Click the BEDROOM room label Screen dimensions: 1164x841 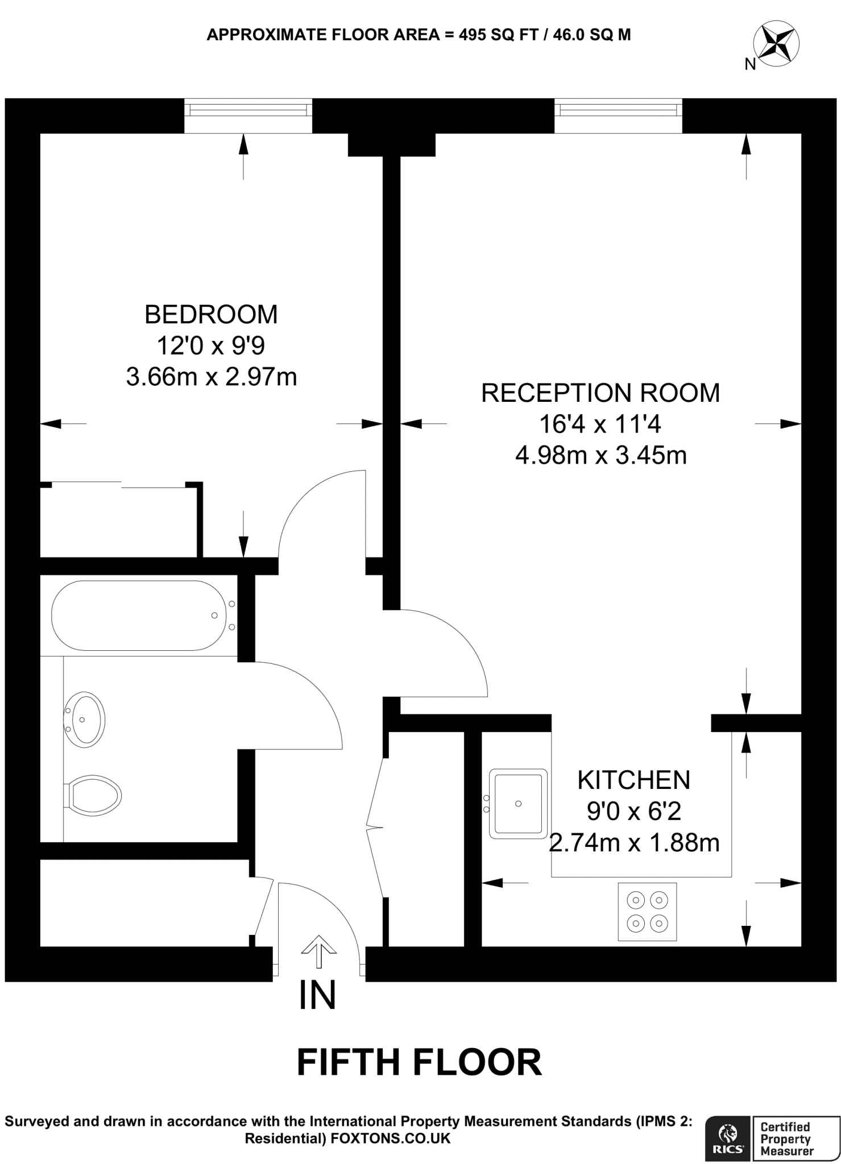coord(211,314)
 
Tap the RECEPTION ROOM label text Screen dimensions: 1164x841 coord(600,393)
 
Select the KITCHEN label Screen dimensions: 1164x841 coord(633,780)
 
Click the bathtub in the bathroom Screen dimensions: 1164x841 coord(138,616)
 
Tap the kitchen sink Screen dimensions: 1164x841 coord(518,804)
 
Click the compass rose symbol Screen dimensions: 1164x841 coord(776,43)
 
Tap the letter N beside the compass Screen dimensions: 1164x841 coord(750,65)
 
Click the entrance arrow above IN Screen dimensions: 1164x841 coord(318,951)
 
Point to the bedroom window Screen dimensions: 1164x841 coord(248,115)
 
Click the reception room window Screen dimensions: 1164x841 coord(618,115)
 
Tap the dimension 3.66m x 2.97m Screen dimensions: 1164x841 coord(211,377)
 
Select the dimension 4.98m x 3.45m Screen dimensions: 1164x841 coord(600,455)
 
